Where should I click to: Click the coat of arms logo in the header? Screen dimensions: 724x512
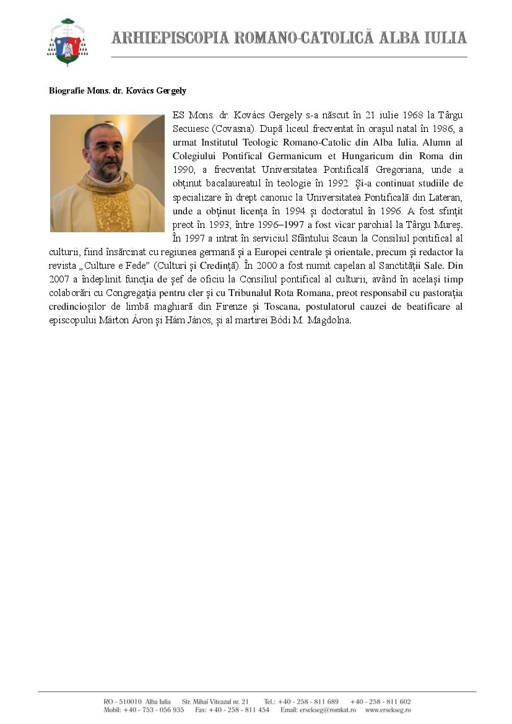[67, 42]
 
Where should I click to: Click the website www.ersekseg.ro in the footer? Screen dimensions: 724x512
[388, 710]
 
